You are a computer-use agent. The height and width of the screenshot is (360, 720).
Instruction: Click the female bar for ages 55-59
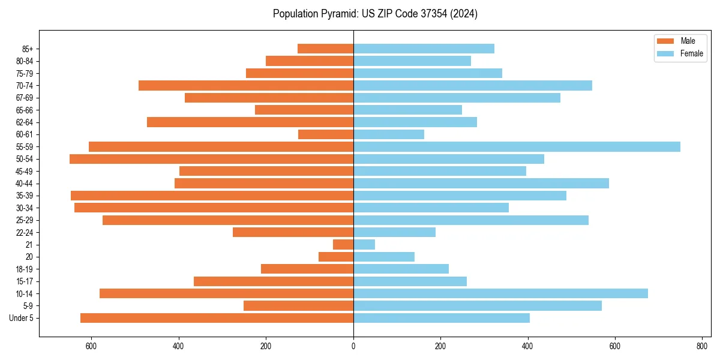point(517,146)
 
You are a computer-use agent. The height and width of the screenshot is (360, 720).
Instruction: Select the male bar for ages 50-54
point(211,159)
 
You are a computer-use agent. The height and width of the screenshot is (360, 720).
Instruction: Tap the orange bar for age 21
point(343,244)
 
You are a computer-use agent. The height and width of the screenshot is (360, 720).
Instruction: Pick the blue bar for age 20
point(384,257)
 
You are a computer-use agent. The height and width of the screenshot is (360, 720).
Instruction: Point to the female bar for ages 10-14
point(500,293)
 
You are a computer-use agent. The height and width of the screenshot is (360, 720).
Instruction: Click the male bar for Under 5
point(217,318)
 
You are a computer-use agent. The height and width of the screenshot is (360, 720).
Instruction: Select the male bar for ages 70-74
point(246,85)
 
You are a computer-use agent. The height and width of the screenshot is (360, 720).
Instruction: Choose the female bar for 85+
point(424,49)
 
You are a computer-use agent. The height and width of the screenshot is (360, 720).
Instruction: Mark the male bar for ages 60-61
point(326,134)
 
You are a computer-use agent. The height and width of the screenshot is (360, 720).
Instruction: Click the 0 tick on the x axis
point(353,346)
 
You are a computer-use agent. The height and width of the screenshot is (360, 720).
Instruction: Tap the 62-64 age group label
point(24,122)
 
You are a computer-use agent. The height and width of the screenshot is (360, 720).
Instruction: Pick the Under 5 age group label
point(22,318)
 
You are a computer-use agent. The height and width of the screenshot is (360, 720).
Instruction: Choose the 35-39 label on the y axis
point(24,196)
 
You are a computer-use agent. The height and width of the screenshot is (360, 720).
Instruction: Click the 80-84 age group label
point(24,61)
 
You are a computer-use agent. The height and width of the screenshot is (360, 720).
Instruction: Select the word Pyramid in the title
point(335,14)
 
